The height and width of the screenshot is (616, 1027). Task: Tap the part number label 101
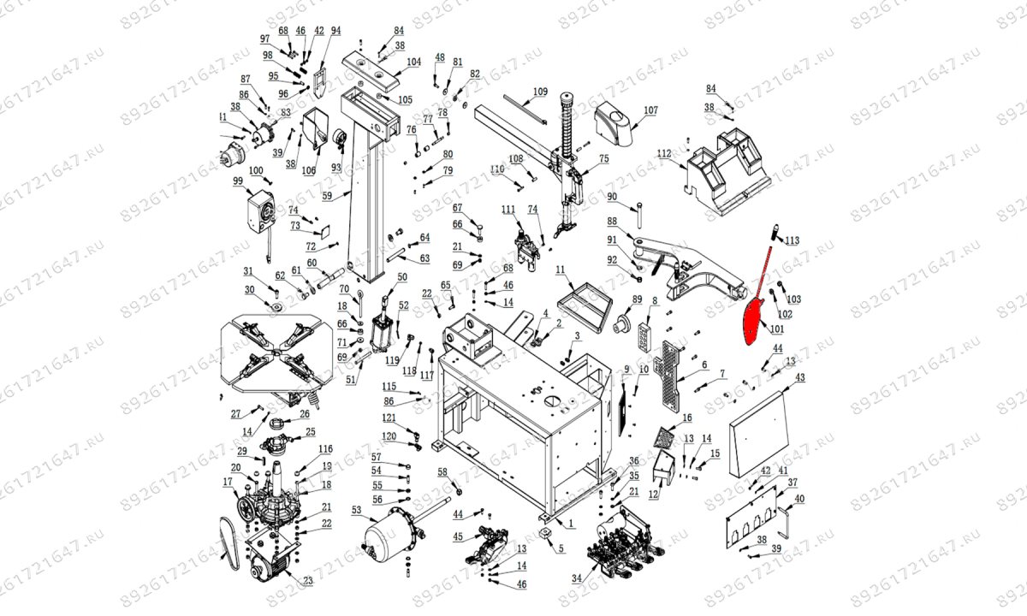(776, 328)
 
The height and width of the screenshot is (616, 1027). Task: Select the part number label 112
(665, 153)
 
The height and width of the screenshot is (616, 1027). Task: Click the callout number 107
(650, 110)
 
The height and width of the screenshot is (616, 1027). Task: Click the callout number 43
(800, 377)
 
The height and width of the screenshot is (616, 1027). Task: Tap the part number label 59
(327, 196)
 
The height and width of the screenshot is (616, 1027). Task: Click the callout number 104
(413, 62)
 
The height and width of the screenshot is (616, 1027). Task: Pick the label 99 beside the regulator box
(238, 181)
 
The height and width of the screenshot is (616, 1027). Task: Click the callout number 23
(308, 580)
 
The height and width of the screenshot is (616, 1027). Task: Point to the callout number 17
(228, 483)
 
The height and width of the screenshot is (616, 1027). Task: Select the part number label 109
(540, 92)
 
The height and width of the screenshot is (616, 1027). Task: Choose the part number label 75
(603, 158)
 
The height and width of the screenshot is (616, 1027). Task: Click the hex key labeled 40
(786, 516)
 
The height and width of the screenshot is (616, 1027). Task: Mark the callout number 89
(636, 299)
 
